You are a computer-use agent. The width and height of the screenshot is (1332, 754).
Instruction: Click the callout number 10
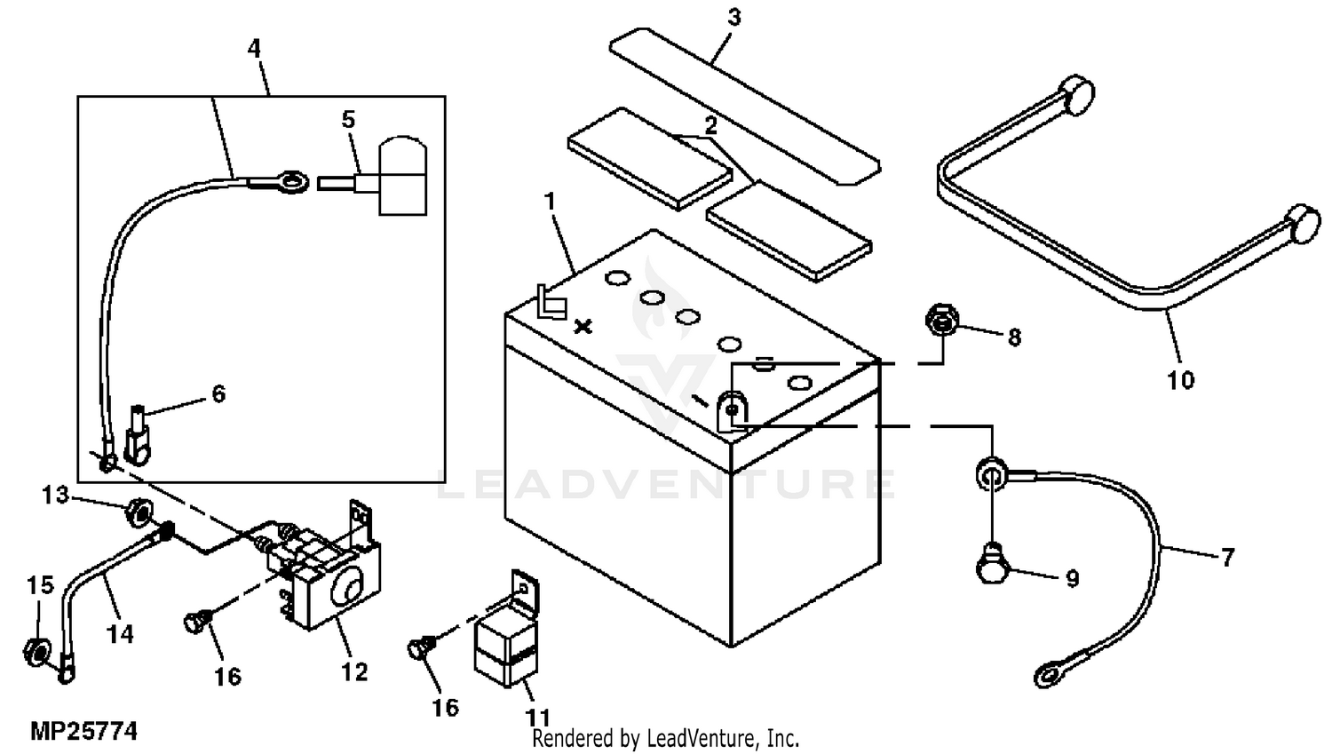point(1180,380)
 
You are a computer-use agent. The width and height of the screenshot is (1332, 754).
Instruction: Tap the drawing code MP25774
point(84,732)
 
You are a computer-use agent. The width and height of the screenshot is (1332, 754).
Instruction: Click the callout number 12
point(353,671)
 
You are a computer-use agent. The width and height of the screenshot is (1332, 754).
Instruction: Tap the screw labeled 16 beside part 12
point(192,623)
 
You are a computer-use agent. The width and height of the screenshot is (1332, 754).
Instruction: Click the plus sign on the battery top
point(583,327)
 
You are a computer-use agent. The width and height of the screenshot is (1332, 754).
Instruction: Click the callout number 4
point(255,48)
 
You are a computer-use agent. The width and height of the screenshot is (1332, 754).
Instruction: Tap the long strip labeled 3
point(746,106)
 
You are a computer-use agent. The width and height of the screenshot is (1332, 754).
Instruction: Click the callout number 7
point(1227,558)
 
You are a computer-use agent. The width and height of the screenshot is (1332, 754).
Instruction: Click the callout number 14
point(120,633)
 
